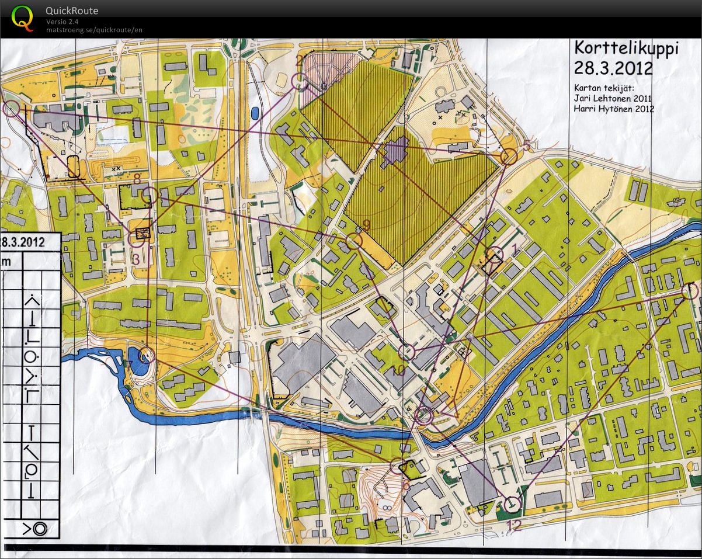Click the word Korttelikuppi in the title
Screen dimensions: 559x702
click(x=613, y=47)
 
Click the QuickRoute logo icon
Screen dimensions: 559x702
click(x=22, y=18)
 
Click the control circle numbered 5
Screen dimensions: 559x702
click(x=509, y=157)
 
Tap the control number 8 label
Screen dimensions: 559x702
click(x=137, y=178)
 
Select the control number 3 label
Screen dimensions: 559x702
click(x=136, y=259)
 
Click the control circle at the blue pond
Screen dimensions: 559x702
click(x=145, y=355)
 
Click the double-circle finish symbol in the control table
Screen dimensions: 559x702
click(x=39, y=529)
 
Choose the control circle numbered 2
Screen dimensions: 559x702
click(x=300, y=82)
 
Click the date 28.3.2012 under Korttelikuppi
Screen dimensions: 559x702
click(x=613, y=68)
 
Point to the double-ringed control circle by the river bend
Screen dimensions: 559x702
click(x=424, y=415)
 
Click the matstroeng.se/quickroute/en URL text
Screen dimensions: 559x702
click(x=94, y=30)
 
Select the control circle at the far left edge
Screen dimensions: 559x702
click(x=12, y=108)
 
